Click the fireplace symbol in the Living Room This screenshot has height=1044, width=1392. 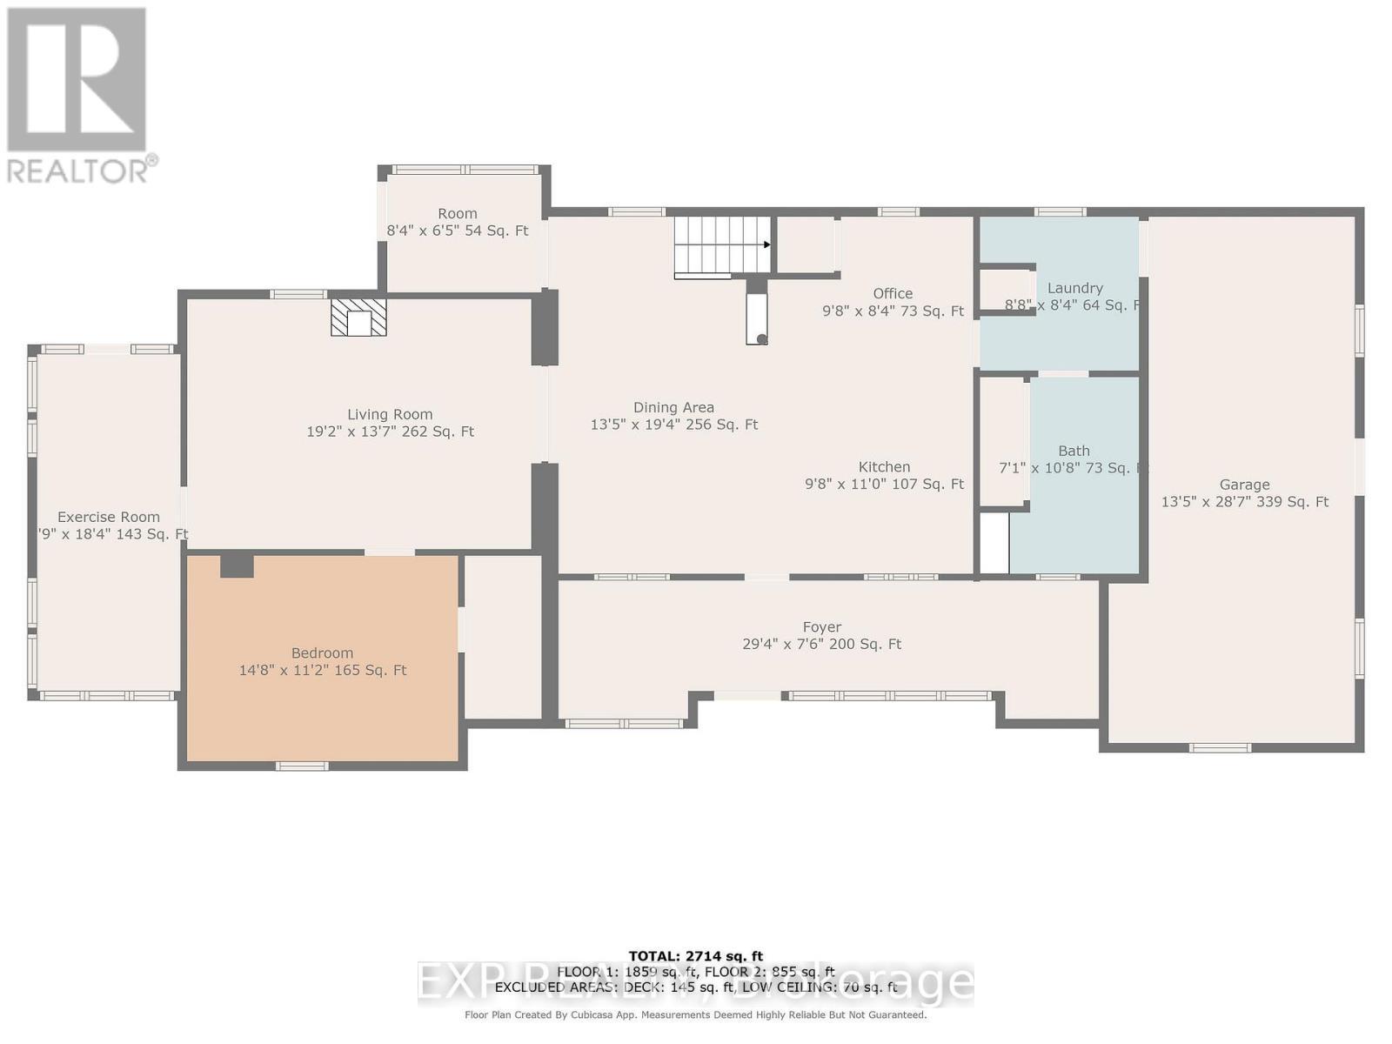coord(358,318)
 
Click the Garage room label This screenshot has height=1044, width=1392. coord(1244,485)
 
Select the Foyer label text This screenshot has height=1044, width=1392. coord(821,627)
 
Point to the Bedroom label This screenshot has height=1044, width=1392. coord(322,653)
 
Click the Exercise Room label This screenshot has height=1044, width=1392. coord(109,517)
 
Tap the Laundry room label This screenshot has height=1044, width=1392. coord(1074,288)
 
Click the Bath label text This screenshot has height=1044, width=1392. coord(1074,451)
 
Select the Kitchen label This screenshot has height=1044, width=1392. coord(884,467)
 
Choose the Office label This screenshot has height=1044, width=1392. coord(893,294)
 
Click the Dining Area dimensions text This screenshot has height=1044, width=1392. coord(674,425)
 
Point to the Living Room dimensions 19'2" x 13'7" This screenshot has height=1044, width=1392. coord(390,432)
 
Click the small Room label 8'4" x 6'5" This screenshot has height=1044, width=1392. coord(458,214)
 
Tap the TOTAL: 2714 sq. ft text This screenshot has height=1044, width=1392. coord(695,956)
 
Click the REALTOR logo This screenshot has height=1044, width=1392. coord(78,96)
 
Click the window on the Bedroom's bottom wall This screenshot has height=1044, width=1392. coord(302,766)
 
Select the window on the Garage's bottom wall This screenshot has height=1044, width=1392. coord(1220,747)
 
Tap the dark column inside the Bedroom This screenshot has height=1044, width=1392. coord(236,565)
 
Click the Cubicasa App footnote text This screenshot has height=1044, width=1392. coord(695,1014)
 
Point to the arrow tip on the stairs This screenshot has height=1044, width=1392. coord(767,244)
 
